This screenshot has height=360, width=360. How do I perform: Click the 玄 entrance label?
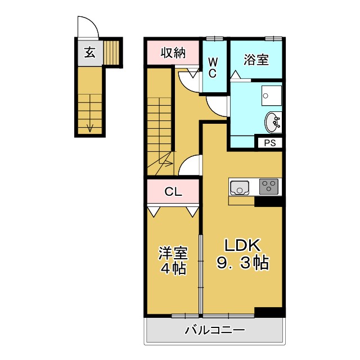[89, 53]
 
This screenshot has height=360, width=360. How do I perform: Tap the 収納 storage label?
[173, 53]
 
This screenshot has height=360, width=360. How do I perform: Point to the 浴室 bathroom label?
[256, 60]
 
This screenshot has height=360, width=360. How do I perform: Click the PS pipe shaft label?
[270, 143]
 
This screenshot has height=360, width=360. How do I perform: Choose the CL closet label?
[173, 192]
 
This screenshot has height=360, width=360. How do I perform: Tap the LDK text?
[242, 246]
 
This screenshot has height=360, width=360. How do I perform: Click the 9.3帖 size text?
[242, 263]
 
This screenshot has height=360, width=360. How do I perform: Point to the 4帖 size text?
[172, 268]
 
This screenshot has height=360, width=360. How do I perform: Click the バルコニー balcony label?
[215, 330]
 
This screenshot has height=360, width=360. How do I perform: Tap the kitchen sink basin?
[240, 187]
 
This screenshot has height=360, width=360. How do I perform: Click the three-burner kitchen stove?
[268, 186]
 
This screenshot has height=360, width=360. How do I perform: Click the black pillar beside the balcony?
[268, 312]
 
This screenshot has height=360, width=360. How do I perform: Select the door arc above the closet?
[189, 165]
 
